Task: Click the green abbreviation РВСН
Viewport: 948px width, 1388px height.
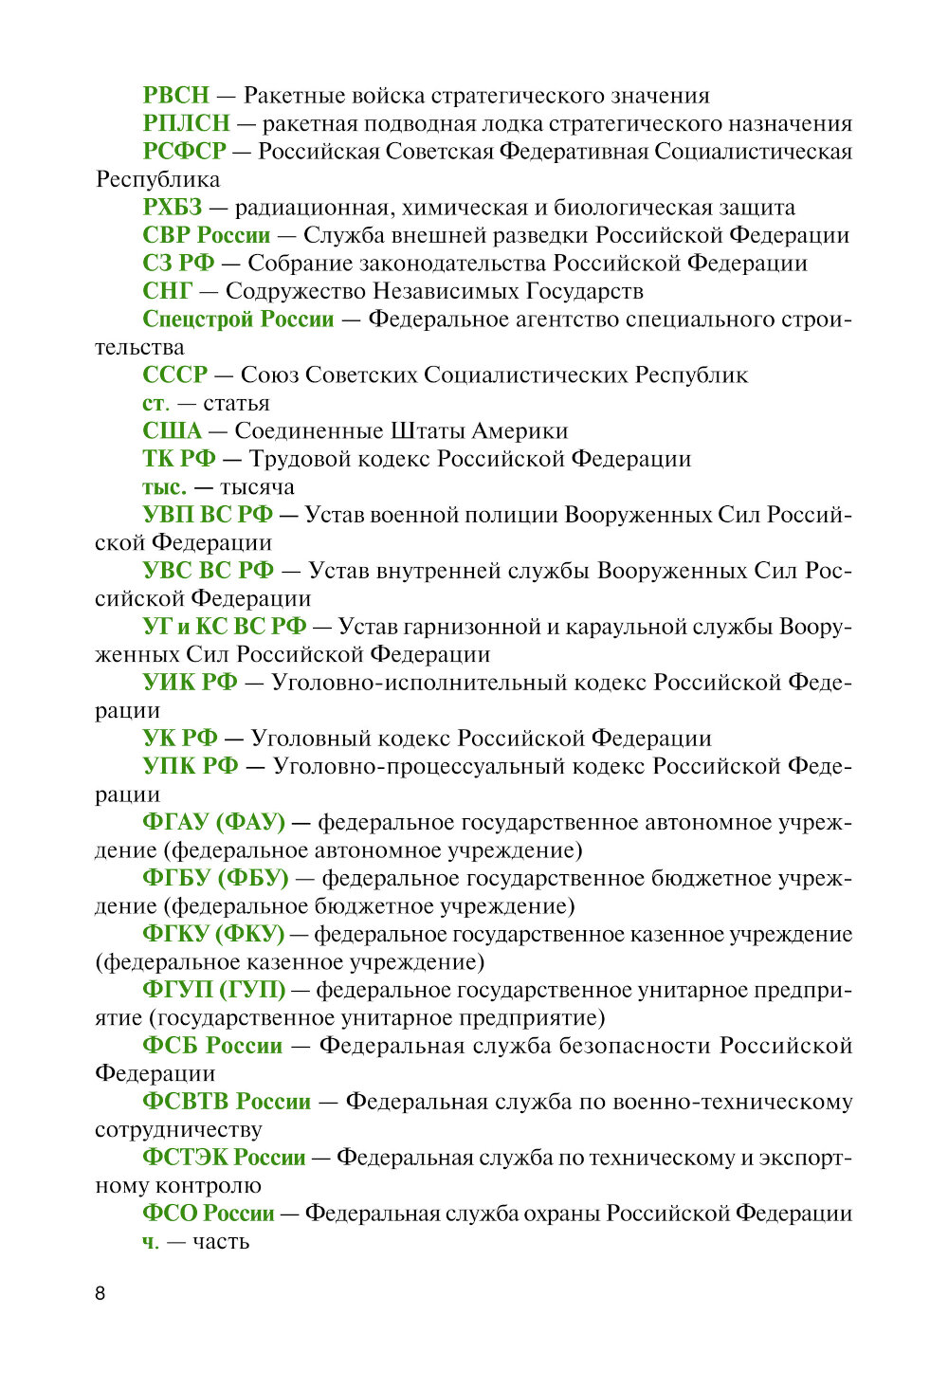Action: pos(176,96)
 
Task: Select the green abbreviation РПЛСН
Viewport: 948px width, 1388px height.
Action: pos(186,123)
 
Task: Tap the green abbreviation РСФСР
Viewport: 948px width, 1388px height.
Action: pos(184,152)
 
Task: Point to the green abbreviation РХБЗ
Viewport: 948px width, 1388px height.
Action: pos(173,208)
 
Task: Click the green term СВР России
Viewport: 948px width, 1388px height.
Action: pos(207,235)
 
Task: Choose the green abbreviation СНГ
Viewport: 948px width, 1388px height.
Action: pos(168,291)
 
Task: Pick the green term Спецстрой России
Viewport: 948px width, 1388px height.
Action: pos(238,320)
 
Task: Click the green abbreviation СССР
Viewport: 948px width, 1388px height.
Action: pos(174,375)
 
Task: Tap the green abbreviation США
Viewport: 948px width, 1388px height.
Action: pos(173,431)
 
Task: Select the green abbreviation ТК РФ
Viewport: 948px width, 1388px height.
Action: pos(179,459)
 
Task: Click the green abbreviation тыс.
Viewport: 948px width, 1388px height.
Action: pos(164,487)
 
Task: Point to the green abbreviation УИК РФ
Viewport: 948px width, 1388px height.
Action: pos(190,683)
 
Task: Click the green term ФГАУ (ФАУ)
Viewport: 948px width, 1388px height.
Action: pos(213,822)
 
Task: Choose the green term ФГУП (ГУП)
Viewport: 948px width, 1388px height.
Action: pos(213,990)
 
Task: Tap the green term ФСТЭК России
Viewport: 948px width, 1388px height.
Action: pos(224,1158)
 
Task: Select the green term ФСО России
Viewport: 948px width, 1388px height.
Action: pos(208,1214)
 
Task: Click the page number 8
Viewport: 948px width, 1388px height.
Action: pos(100,1293)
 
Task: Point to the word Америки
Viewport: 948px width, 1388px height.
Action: pos(520,431)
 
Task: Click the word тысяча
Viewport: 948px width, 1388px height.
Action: pos(257,487)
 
